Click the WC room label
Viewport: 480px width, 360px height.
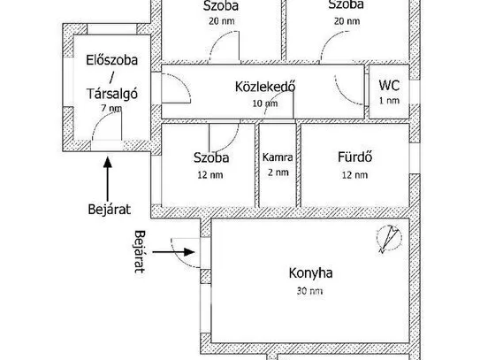click(389, 85)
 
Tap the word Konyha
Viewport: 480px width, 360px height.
click(310, 272)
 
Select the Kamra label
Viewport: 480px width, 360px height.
click(278, 157)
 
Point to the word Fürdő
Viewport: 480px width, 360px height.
click(355, 157)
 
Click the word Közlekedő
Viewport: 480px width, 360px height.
click(265, 87)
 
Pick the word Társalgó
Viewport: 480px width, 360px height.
click(112, 94)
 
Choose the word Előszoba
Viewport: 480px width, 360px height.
click(111, 60)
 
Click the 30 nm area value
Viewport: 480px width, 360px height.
click(309, 291)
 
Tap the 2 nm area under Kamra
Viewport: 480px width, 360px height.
click(278, 172)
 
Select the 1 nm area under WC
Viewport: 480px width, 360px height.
click(389, 101)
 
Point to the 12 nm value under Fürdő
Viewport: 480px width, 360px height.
click(355, 175)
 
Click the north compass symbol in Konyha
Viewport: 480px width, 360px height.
click(389, 239)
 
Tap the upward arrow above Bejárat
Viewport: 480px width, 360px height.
click(108, 180)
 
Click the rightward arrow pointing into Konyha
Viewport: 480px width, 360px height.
click(173, 252)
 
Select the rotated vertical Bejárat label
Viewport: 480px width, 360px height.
click(140, 251)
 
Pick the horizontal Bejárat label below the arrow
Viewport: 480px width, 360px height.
click(110, 210)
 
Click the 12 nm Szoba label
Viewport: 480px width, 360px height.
click(211, 157)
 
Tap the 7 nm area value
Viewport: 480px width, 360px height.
click(111, 108)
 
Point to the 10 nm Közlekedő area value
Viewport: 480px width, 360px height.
click(265, 103)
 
